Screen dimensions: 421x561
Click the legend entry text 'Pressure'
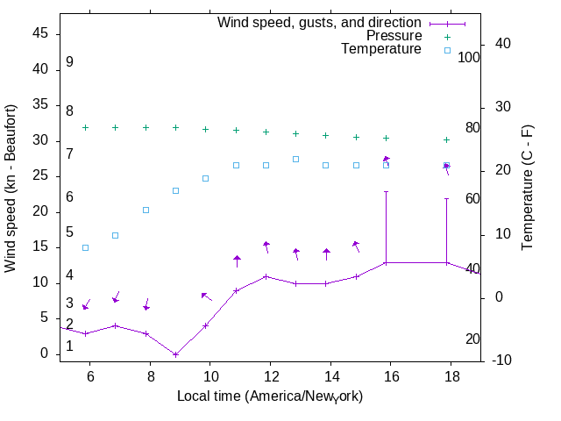click(394, 36)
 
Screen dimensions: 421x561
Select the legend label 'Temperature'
click(381, 49)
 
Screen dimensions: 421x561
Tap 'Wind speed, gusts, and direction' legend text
click(320, 22)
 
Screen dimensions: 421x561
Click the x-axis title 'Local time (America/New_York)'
click(270, 396)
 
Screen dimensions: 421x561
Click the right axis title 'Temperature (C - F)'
click(529, 189)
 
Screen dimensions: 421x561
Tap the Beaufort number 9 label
click(69, 62)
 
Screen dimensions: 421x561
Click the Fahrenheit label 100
click(470, 57)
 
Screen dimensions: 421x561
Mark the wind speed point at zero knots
click(176, 354)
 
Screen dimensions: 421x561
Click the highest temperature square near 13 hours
click(296, 159)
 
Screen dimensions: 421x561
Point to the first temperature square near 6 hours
click(86, 247)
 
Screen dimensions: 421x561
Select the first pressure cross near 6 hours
click(86, 127)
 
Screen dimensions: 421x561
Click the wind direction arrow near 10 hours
click(206, 296)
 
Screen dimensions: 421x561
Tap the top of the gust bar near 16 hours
click(386, 191)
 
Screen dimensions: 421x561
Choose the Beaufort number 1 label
click(69, 346)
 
